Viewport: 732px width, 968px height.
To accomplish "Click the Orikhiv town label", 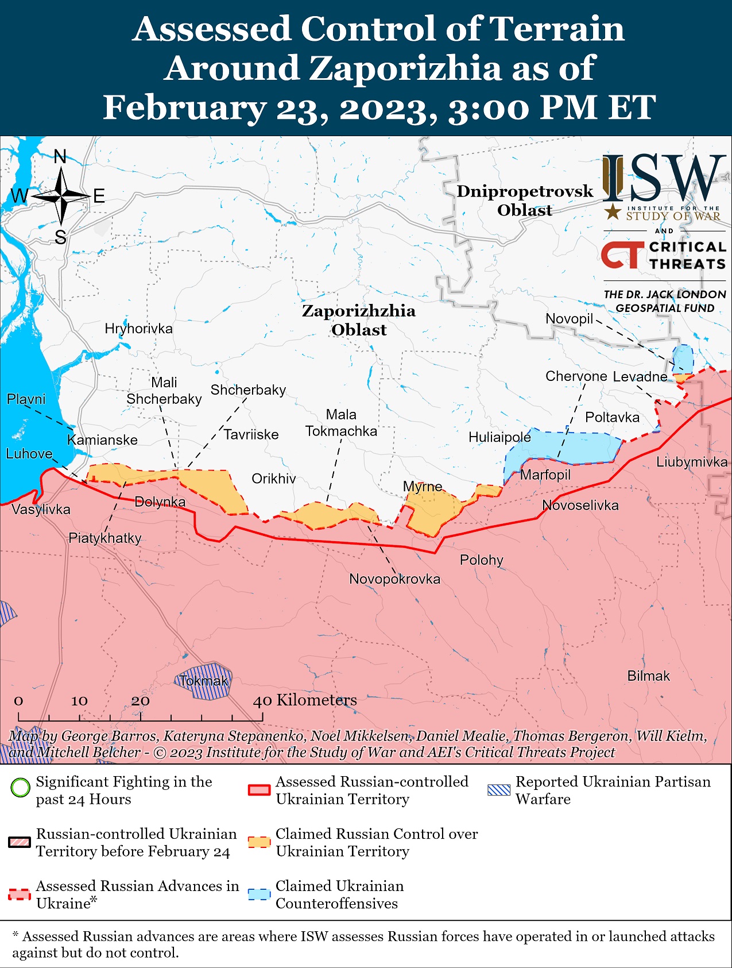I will [x=274, y=479].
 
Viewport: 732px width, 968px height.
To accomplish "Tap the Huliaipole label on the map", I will [x=499, y=437].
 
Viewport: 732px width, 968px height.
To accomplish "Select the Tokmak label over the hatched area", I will [x=204, y=681].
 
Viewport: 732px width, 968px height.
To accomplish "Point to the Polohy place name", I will [x=481, y=560].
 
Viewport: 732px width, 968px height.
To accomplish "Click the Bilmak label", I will [x=648, y=676].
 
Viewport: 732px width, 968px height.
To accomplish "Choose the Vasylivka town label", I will [x=41, y=510].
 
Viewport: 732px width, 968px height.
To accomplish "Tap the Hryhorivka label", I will [x=138, y=329].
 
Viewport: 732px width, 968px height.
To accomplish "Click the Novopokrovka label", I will [x=394, y=579].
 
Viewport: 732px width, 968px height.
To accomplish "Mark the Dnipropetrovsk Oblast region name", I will [x=525, y=200].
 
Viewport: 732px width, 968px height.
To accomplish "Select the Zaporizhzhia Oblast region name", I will [x=359, y=320].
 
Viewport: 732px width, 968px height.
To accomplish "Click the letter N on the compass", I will [x=60, y=156].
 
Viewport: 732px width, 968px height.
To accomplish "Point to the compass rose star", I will [x=61, y=196].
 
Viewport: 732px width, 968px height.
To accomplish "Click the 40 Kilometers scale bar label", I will [x=305, y=700].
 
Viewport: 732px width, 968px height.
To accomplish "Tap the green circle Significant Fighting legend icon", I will [x=20, y=787].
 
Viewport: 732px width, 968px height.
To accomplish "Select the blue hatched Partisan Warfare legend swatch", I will [x=498, y=790].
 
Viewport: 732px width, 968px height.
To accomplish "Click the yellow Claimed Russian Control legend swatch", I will [x=259, y=842].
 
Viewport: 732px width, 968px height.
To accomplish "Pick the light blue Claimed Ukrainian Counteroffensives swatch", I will [x=259, y=894].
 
